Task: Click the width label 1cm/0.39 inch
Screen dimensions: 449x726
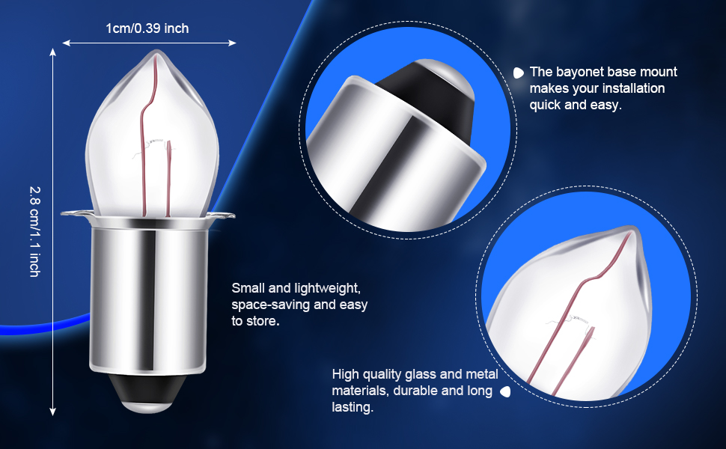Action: (x=147, y=28)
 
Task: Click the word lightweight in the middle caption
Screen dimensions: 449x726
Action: (x=327, y=288)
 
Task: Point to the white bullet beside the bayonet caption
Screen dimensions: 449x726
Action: (x=518, y=73)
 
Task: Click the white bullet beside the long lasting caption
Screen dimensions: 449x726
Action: (x=505, y=391)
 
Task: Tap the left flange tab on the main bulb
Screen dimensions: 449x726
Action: (x=75, y=217)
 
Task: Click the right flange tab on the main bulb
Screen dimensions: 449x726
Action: (x=222, y=217)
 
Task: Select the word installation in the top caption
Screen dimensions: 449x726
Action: (x=631, y=88)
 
